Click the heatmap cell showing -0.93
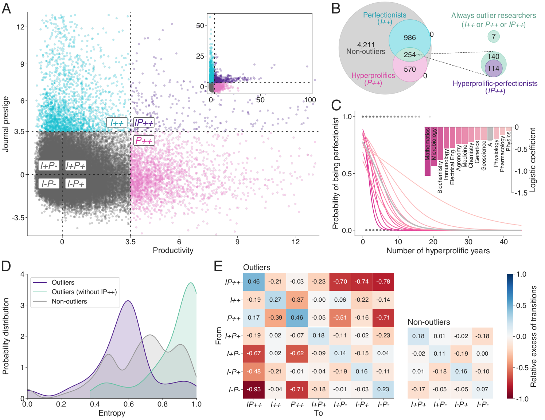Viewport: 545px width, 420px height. pyautogui.click(x=254, y=389)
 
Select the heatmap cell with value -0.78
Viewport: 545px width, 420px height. pyautogui.click(x=383, y=281)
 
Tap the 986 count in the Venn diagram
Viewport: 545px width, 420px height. pyautogui.click(x=410, y=37)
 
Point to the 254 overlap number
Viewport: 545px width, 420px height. pyautogui.click(x=410, y=55)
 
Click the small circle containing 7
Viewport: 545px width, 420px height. pyautogui.click(x=494, y=36)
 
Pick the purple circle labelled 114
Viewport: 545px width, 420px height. pyautogui.click(x=494, y=69)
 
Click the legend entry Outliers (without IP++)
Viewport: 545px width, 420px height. pyautogui.click(x=84, y=292)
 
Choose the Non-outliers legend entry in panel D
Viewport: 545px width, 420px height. pyautogui.click(x=69, y=301)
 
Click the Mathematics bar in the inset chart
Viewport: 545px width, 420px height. pyautogui.click(x=428, y=151)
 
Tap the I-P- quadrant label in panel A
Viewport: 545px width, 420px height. pyautogui.click(x=49, y=184)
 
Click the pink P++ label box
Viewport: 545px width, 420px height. pyautogui.click(x=144, y=140)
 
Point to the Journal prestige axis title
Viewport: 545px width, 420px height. pyautogui.click(x=5, y=124)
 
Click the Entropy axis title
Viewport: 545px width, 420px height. pyautogui.click(x=112, y=413)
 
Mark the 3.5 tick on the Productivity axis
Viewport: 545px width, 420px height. pyautogui.click(x=130, y=242)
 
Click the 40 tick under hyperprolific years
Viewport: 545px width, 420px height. pyautogui.click(x=503, y=242)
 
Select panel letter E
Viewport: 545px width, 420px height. pyautogui.click(x=218, y=266)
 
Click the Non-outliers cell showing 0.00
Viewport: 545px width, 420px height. pyautogui.click(x=482, y=353)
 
